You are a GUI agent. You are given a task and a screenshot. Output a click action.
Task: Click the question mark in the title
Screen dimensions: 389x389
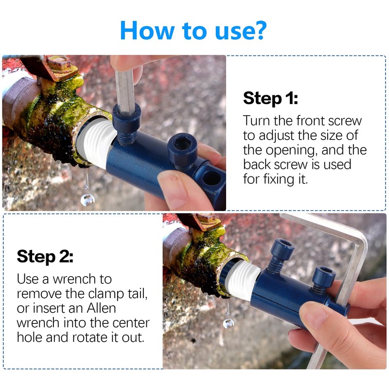point(259,30)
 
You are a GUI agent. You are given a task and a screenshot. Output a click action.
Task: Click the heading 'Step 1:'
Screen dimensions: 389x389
point(270,98)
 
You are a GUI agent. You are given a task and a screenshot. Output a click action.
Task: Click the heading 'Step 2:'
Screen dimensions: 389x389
point(45,257)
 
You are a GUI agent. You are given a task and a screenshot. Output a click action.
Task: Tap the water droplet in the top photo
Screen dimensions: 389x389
point(88,200)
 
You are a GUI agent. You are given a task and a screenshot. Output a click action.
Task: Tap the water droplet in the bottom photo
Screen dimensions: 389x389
point(228,323)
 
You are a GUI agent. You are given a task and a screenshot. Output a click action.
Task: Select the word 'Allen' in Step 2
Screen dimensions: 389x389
point(101,308)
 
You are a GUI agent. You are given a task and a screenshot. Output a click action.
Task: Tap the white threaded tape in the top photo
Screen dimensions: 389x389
point(95,141)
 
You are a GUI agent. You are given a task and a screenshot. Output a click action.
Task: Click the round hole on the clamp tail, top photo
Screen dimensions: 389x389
point(212,178)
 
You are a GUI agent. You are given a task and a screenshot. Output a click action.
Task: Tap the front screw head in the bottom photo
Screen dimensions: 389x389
point(282,248)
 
